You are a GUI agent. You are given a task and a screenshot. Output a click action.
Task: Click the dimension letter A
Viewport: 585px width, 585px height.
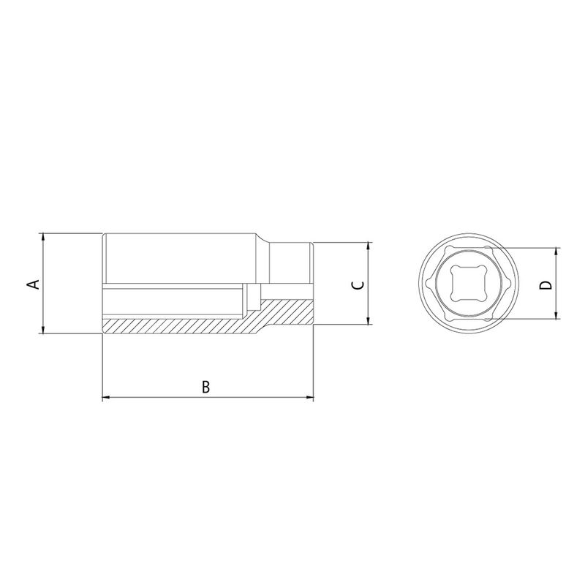(x=32, y=284)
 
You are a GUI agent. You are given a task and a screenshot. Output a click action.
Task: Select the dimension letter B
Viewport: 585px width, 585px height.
(x=206, y=387)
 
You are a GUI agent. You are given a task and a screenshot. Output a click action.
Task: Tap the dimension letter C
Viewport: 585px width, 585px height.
(x=355, y=284)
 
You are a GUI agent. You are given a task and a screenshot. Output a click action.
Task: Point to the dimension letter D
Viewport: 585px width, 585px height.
(x=545, y=284)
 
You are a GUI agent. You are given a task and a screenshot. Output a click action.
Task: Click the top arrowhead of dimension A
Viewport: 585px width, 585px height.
(x=45, y=238)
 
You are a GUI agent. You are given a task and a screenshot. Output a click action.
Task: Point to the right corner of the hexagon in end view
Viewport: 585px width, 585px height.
(x=515, y=284)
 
